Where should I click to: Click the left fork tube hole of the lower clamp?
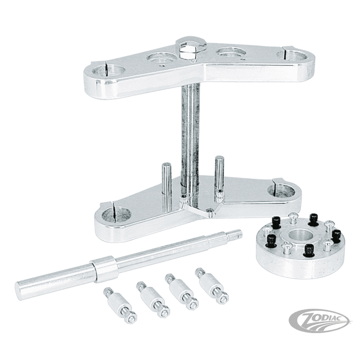click(x=116, y=211)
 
